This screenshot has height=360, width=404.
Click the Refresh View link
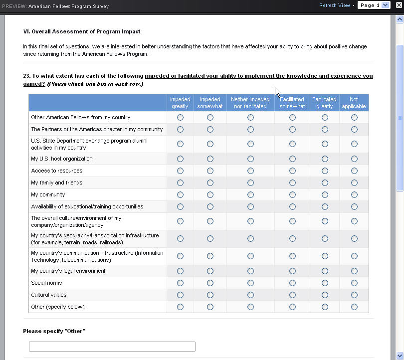click(x=334, y=5)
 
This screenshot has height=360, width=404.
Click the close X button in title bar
click(x=399, y=5)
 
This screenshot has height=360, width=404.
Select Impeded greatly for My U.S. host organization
click(x=180, y=159)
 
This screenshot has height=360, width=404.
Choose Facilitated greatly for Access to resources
click(x=325, y=171)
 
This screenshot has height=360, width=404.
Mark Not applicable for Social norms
click(x=354, y=283)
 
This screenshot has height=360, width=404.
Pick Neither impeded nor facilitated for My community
click(x=250, y=194)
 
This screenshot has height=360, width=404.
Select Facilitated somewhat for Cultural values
click(x=292, y=295)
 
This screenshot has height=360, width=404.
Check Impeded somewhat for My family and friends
click(x=210, y=182)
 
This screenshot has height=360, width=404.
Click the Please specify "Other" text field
click(x=112, y=347)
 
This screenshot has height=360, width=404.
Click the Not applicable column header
click(x=354, y=103)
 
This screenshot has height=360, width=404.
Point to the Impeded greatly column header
click(x=180, y=103)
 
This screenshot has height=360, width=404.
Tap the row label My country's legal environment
click(x=68, y=271)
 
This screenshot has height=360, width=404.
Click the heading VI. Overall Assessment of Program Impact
click(x=82, y=31)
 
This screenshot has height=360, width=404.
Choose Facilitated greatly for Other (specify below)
click(x=325, y=307)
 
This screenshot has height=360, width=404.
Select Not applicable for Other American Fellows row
click(x=354, y=117)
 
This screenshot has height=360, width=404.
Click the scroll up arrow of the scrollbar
click(x=399, y=19)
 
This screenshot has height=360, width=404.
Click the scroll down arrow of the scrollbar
click(x=399, y=355)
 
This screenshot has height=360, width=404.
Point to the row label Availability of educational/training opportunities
click(x=87, y=206)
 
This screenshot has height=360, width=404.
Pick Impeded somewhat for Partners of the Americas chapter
click(x=210, y=129)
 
